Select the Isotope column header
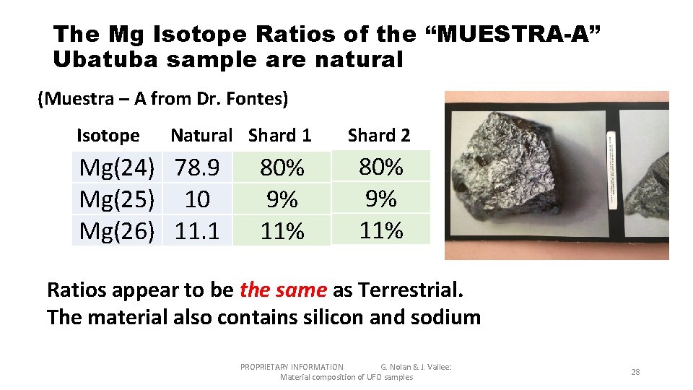108,135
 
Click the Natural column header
201,135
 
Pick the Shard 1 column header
280,135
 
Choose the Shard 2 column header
379,135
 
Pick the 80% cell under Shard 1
282,168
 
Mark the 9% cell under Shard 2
381,198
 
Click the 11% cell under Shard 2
381,230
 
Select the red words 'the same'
284,290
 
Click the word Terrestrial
409,290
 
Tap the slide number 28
635,372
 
